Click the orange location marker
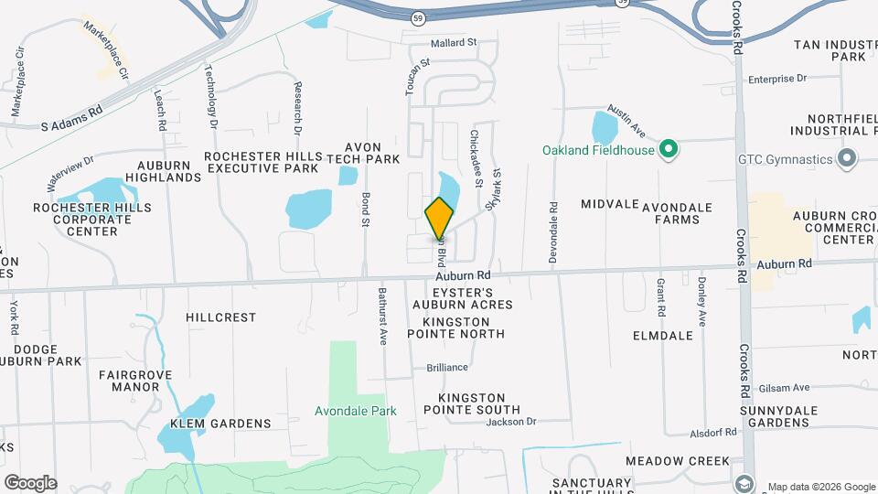[x=439, y=219]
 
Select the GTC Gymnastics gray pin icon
[x=847, y=158]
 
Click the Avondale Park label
[x=356, y=412]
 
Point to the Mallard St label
[x=455, y=43]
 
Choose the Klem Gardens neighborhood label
[x=220, y=424]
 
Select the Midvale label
[x=607, y=204]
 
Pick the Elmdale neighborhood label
[x=663, y=336]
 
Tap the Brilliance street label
[x=447, y=368]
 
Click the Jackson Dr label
[x=510, y=422]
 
